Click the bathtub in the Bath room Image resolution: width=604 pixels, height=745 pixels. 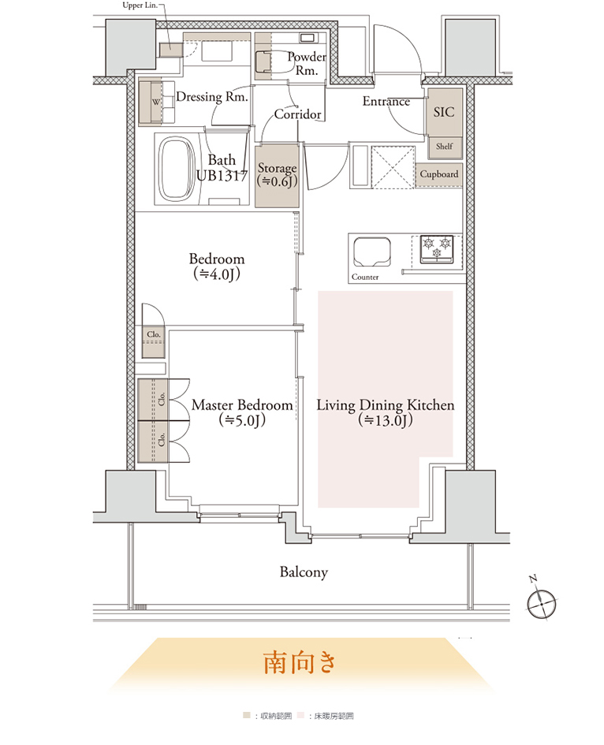177,169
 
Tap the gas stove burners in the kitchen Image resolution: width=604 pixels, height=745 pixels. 437,249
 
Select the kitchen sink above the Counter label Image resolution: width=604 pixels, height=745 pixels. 372,251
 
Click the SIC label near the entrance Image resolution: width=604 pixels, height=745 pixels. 444,112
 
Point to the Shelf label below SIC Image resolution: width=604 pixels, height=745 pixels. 445,147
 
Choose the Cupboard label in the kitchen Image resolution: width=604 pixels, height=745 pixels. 438,174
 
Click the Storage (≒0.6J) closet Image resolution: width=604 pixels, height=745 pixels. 277,176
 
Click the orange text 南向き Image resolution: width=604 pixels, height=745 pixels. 300,662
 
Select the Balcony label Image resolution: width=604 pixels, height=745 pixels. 304,572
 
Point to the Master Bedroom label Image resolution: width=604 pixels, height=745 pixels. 242,405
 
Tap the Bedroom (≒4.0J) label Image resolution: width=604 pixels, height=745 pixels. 217,266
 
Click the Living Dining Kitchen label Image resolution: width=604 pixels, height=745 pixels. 386,405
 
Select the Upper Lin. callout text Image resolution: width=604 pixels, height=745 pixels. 140,6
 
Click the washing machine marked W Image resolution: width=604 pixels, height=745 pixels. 156,102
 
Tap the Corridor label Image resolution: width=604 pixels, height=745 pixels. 297,114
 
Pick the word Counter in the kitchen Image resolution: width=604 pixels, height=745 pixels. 365,277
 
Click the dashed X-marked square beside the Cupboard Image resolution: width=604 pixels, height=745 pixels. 393,167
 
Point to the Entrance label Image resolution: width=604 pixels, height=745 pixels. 386,101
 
